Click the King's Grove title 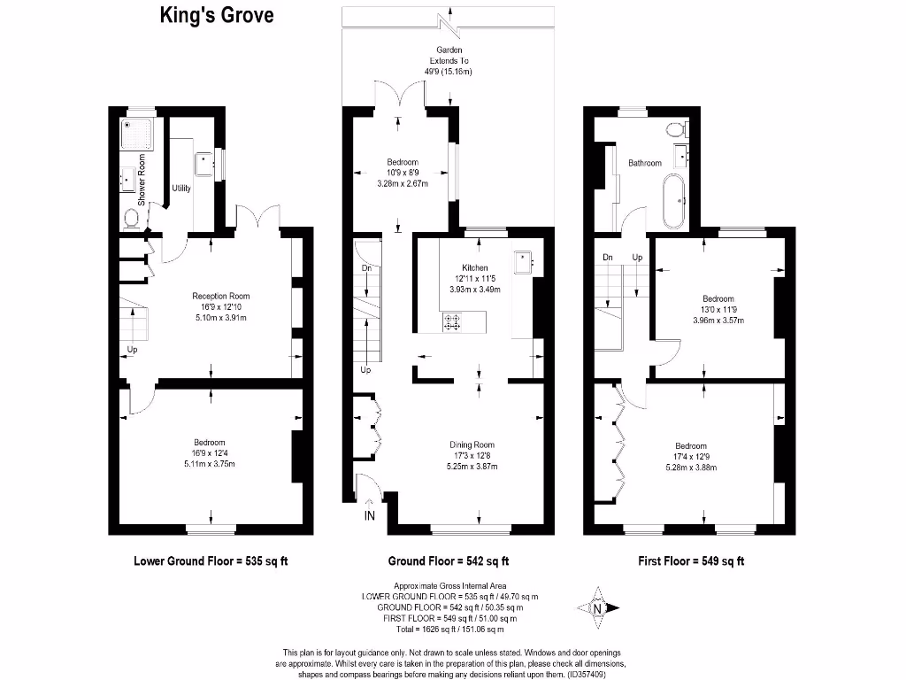tap(217, 15)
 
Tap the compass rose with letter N tap(596, 607)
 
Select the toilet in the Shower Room tap(133, 218)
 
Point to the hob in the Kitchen tap(451, 323)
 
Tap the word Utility tap(181, 189)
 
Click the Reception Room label tap(221, 297)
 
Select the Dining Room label tap(472, 444)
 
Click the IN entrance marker tap(370, 517)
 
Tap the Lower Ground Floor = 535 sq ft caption tap(211, 560)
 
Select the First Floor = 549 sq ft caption tap(691, 560)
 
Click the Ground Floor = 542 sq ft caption tap(449, 560)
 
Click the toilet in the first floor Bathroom tap(678, 131)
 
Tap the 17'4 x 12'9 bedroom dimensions tap(691, 456)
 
